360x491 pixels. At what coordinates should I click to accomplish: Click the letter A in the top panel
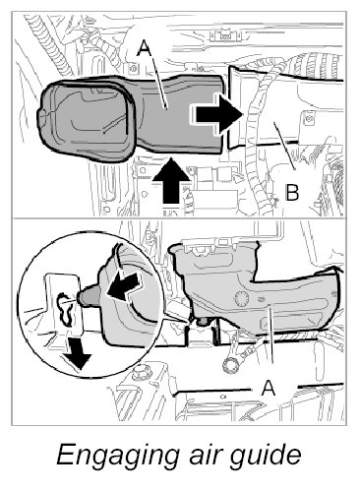pos(144,48)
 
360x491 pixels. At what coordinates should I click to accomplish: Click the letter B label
pos(292,192)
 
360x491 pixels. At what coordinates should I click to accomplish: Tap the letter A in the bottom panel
pos(269,388)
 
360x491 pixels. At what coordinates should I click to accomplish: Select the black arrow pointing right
pos(216,114)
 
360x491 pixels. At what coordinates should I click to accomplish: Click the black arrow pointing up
pos(171,180)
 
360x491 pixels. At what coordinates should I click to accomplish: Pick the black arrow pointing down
pos(77,353)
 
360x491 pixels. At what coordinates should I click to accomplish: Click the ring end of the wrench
pos(230,365)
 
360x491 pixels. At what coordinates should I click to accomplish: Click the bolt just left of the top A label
pos(133,69)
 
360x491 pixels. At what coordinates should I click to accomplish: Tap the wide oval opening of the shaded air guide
pos(86,121)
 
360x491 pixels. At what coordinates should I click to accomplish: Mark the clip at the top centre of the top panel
pos(226,34)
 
